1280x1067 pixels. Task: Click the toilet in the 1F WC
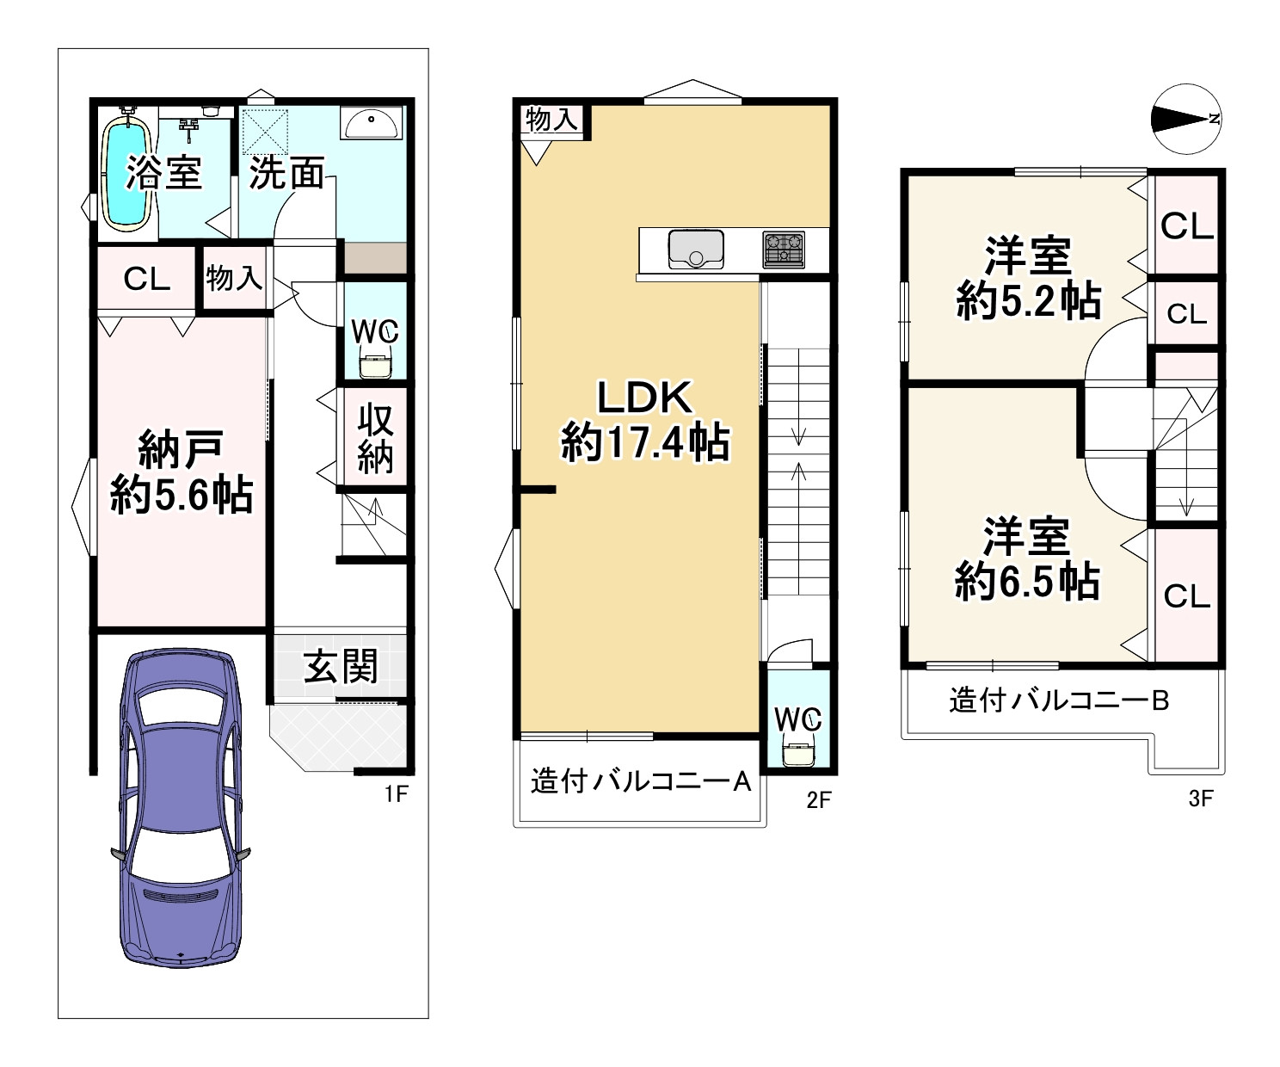tap(375, 365)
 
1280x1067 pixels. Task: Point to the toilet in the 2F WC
tap(799, 752)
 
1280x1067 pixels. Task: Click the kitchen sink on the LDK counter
tap(695, 249)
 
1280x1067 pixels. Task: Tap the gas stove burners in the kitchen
tap(783, 249)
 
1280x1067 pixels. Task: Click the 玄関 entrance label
tap(342, 667)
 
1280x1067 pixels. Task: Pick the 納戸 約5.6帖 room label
tap(181, 472)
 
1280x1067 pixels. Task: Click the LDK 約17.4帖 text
tap(645, 421)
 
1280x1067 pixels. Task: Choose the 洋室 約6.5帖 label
tap(1027, 558)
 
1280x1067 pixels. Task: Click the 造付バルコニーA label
tap(641, 781)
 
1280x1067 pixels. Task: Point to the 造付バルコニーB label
tap(1058, 700)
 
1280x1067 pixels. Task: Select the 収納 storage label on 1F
tap(375, 439)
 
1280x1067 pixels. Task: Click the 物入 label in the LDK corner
tap(551, 120)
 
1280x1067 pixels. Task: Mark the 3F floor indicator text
tap(1200, 799)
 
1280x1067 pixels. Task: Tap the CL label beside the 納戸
tap(146, 279)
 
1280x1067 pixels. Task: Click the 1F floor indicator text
tap(395, 794)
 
